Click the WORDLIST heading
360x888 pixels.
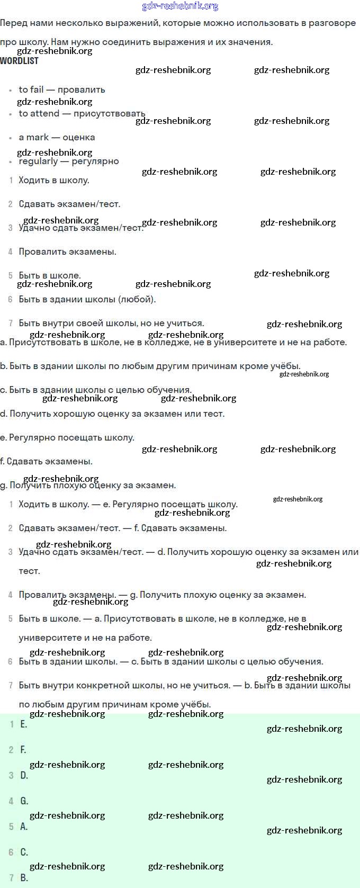click(x=19, y=61)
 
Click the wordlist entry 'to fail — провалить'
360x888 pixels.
click(x=62, y=89)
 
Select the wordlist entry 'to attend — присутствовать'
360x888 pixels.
click(x=82, y=113)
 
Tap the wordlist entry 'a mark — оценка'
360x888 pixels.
click(x=57, y=137)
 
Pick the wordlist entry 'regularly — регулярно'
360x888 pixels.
click(x=69, y=161)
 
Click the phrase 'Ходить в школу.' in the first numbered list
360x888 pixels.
click(x=53, y=180)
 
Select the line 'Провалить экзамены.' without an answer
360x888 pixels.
click(x=67, y=252)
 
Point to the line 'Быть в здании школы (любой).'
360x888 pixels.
click(x=87, y=299)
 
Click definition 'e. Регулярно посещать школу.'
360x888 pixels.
click(x=67, y=437)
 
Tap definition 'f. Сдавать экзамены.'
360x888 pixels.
click(x=47, y=461)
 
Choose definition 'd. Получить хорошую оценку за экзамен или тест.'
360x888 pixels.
click(x=112, y=414)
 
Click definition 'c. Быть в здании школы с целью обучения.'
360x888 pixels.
click(x=96, y=390)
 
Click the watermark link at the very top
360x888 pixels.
click(x=180, y=6)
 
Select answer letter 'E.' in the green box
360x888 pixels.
click(x=24, y=724)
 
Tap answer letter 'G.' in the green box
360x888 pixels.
click(x=24, y=801)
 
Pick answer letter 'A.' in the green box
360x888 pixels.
click(x=24, y=826)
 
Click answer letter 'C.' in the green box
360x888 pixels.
click(x=24, y=852)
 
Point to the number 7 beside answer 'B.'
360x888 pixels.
click(x=11, y=877)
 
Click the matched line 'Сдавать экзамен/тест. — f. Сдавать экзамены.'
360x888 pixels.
click(x=122, y=528)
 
